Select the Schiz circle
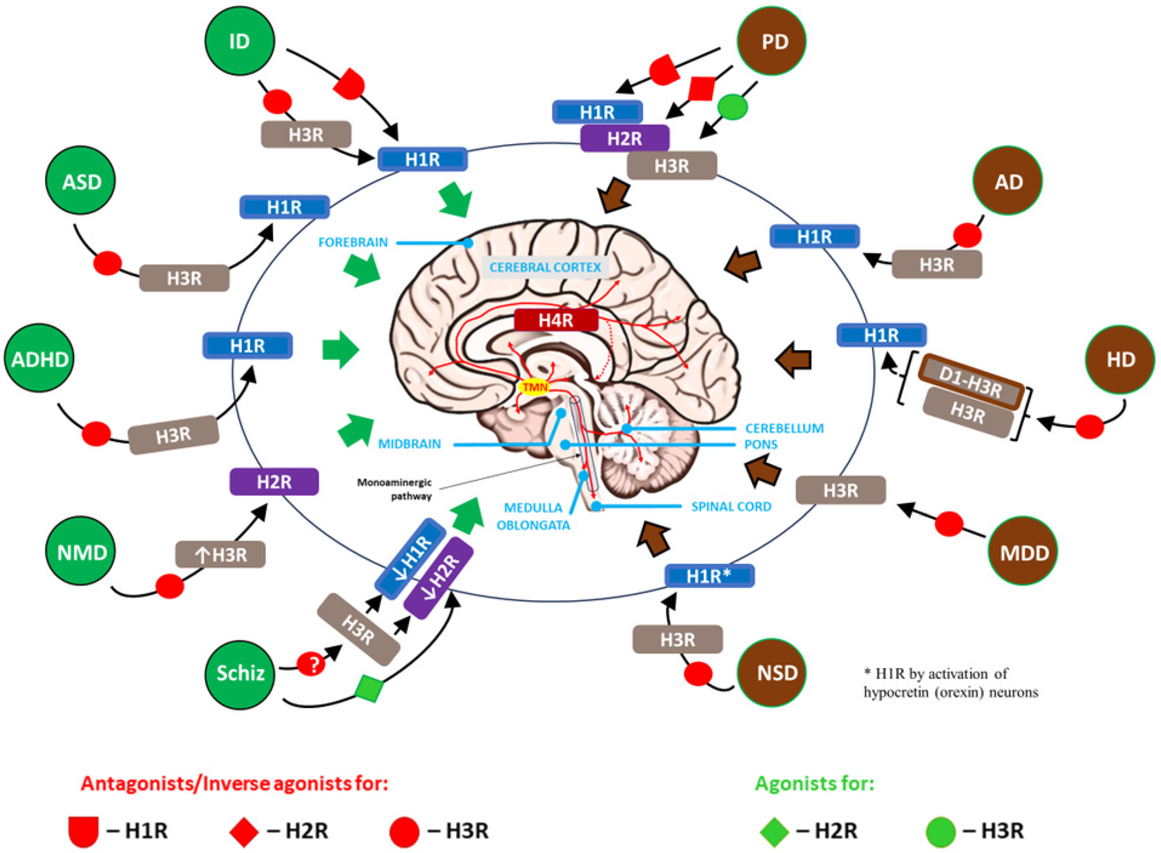coord(240,673)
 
